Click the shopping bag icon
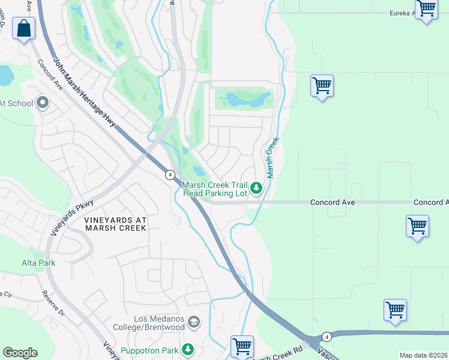pos(23,28)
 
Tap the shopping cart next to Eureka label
pos(426,9)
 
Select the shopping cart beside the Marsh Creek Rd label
pos(242,346)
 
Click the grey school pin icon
pos(42,103)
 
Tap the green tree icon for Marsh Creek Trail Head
pos(256,189)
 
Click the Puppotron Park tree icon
pos(188,349)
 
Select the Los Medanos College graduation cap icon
pos(193,323)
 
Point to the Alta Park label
pos(38,263)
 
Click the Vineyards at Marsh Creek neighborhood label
pos(115,224)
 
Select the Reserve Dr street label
pos(53,304)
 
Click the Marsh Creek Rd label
pos(277,355)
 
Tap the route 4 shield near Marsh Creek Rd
pos(326,337)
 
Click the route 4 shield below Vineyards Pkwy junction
pos(170,175)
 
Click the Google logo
pos(20,353)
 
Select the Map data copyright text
pos(423,355)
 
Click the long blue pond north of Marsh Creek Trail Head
pos(245,98)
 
